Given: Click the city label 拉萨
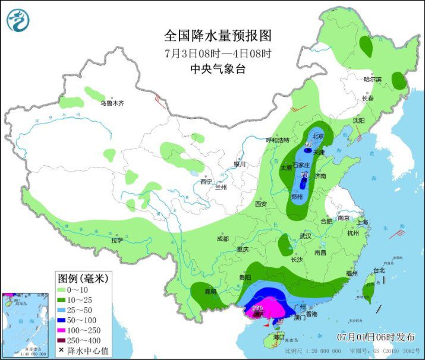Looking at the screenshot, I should point(117,241).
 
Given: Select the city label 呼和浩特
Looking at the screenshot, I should point(277,140).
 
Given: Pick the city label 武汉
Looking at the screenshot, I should point(306,236).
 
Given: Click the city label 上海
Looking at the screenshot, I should point(362,222).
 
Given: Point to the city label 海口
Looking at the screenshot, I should point(279,337).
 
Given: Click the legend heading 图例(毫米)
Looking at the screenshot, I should point(81,277).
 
